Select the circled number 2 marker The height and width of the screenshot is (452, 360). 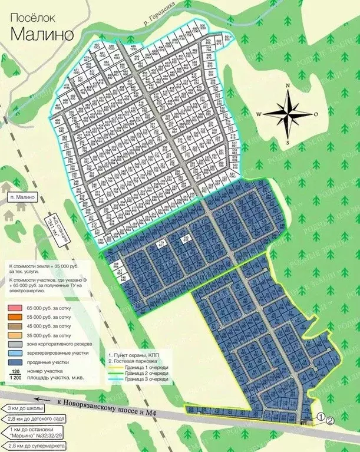329,420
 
